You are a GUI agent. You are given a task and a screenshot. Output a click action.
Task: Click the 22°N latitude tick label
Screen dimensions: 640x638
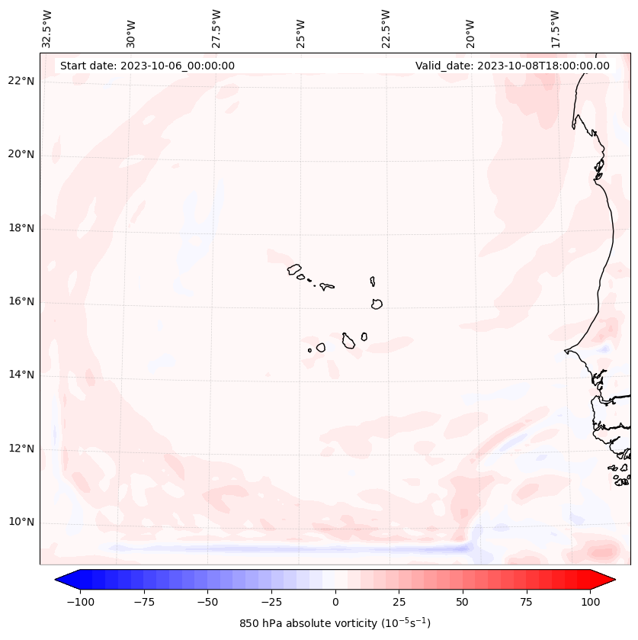21,81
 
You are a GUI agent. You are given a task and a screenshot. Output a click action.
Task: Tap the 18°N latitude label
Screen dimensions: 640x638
21,228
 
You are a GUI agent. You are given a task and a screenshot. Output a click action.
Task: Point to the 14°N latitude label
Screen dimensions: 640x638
21,375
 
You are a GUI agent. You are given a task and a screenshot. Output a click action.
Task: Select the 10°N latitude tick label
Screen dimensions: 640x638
21,522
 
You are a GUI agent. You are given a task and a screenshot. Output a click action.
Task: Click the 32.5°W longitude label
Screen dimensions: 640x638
47,29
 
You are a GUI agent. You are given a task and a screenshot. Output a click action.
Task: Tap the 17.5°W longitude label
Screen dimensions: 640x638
556,29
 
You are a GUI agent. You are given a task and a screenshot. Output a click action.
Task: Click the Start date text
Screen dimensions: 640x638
147,66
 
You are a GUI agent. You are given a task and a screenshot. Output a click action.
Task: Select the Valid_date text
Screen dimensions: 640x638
512,66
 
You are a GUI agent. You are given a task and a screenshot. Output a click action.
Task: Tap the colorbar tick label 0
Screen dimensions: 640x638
335,601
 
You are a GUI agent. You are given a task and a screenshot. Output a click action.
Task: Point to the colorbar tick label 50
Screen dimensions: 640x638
463,601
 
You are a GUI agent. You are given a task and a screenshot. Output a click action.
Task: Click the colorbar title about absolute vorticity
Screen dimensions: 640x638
335,623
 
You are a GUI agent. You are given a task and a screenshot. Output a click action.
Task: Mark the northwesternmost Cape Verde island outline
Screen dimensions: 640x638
294,269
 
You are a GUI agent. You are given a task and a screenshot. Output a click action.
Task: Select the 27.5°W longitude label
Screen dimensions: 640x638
216,29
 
